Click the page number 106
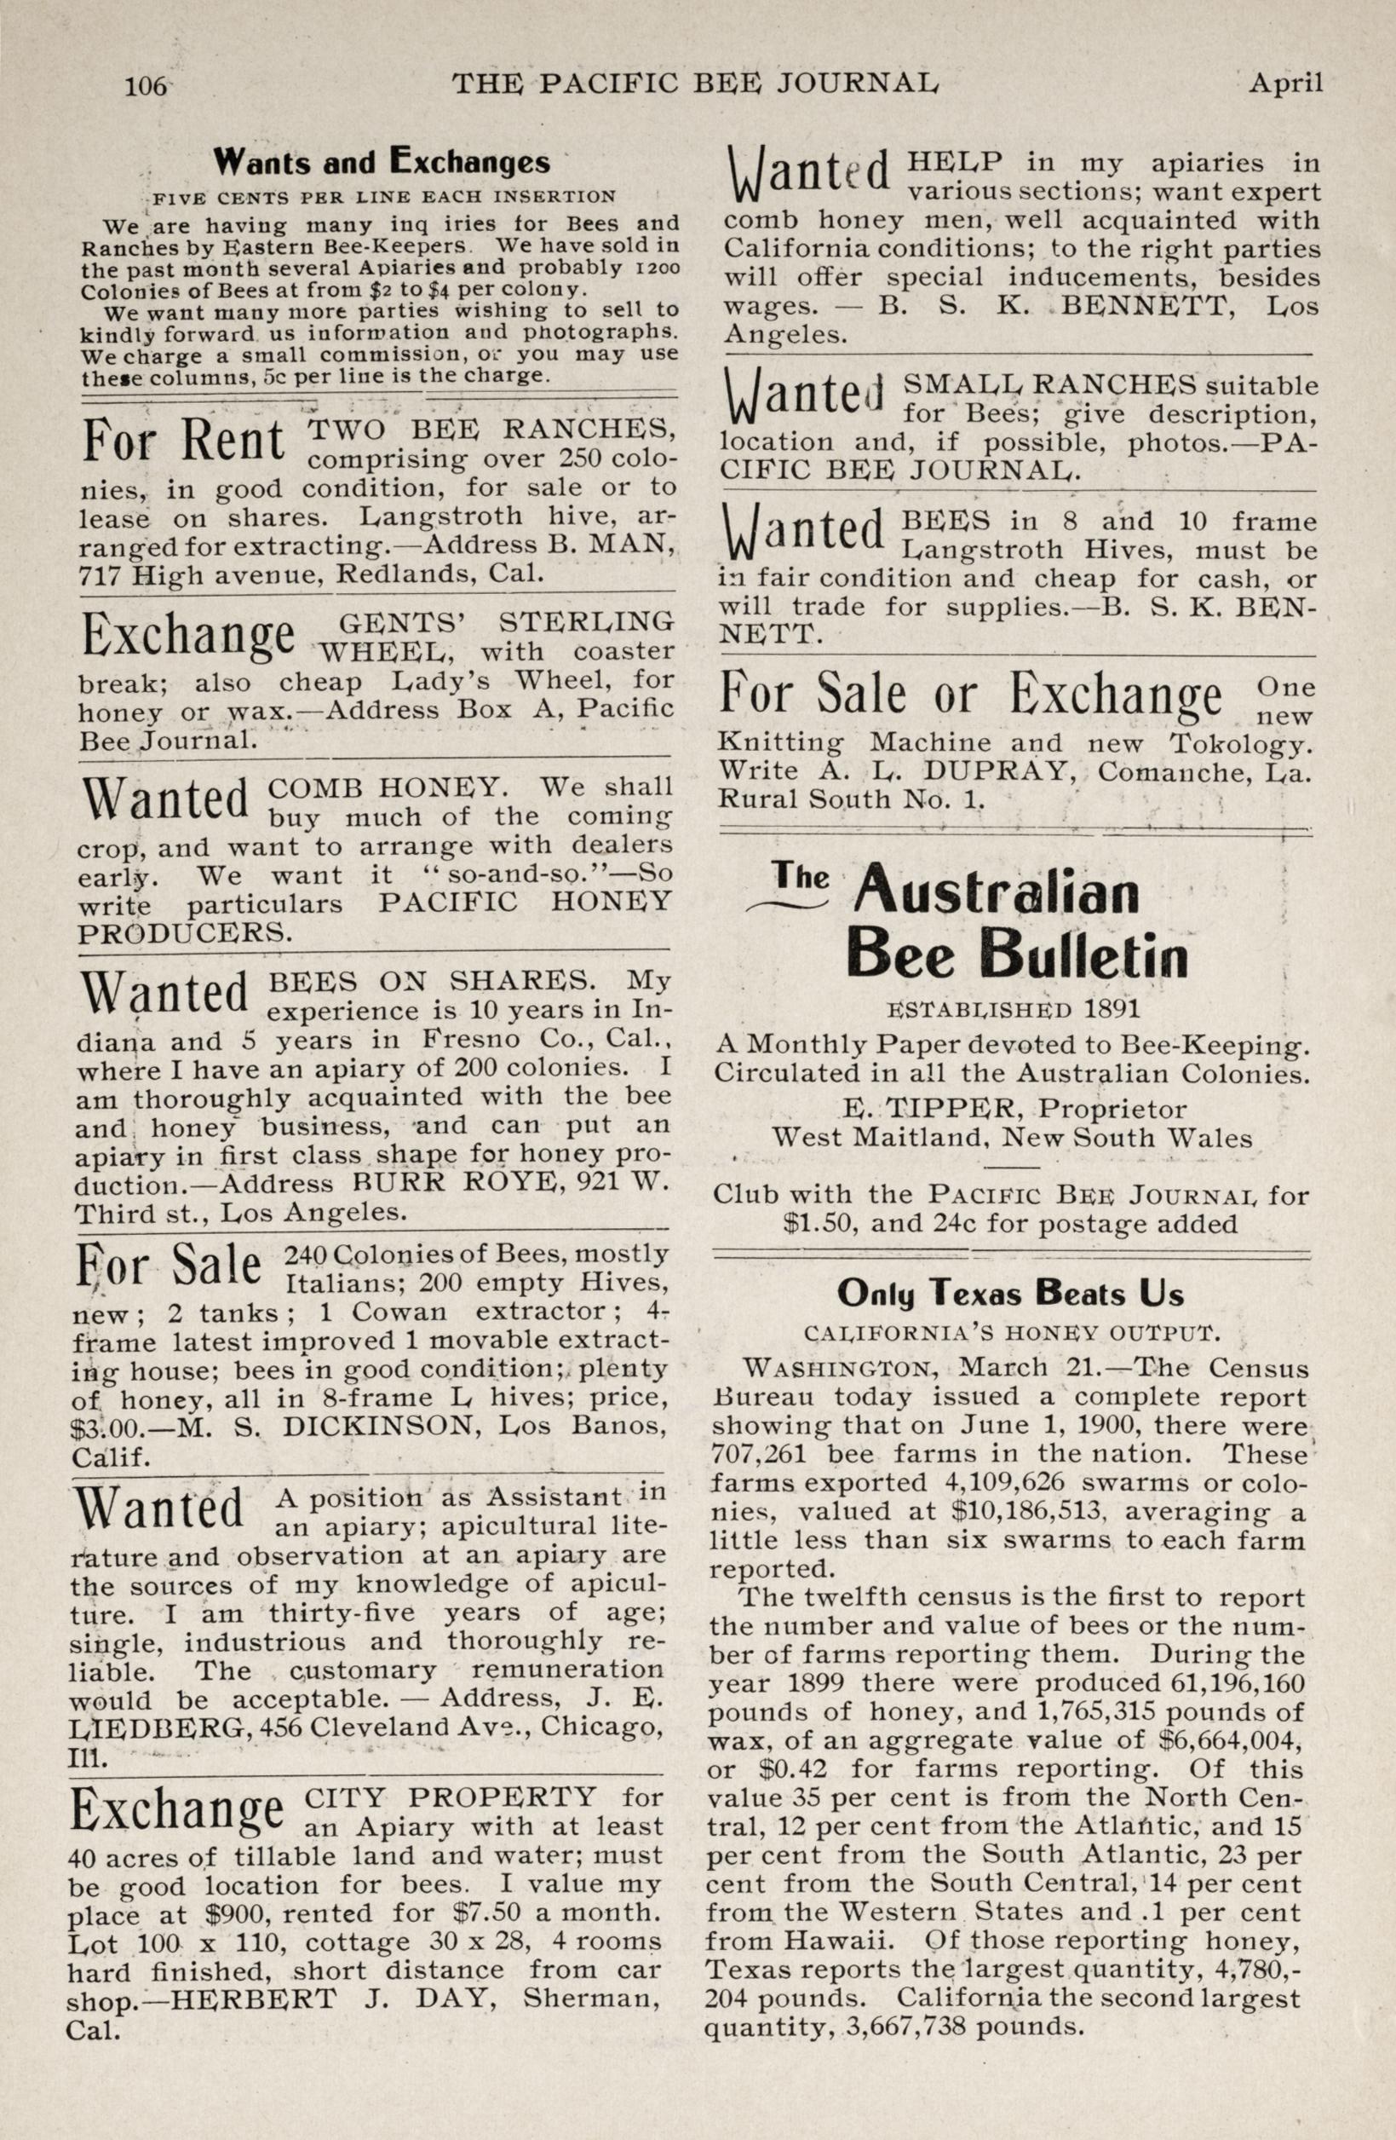146,85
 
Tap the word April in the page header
1285,84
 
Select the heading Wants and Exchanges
381,162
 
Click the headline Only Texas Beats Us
1010,1293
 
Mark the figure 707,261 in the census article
761,1454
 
